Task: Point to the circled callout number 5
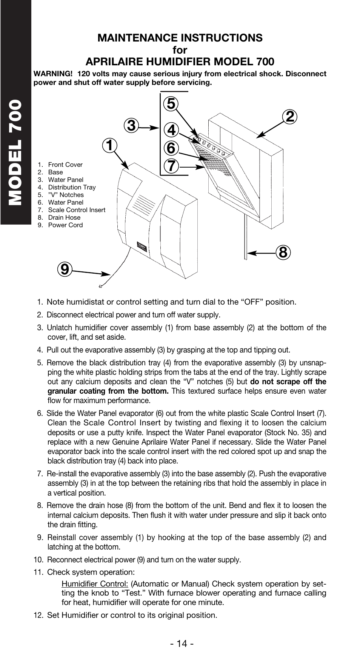coord(171,103)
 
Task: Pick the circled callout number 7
coord(171,166)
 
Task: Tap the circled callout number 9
coord(65,269)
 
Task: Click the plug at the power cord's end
coord(100,286)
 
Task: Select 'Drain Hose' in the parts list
coord(64,217)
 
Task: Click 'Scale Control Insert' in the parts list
coord(77,210)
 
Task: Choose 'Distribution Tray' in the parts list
coord(72,187)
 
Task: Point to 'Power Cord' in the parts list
coord(65,225)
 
